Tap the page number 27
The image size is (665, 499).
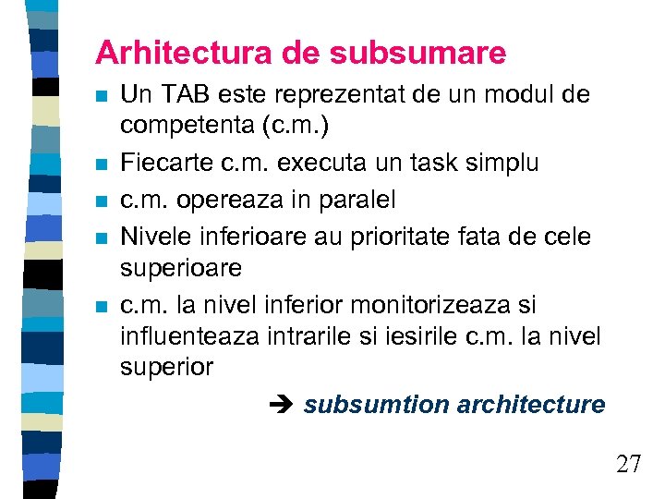click(x=628, y=464)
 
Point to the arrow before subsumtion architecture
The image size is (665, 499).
click(x=283, y=405)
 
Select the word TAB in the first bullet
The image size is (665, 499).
click(x=182, y=94)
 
